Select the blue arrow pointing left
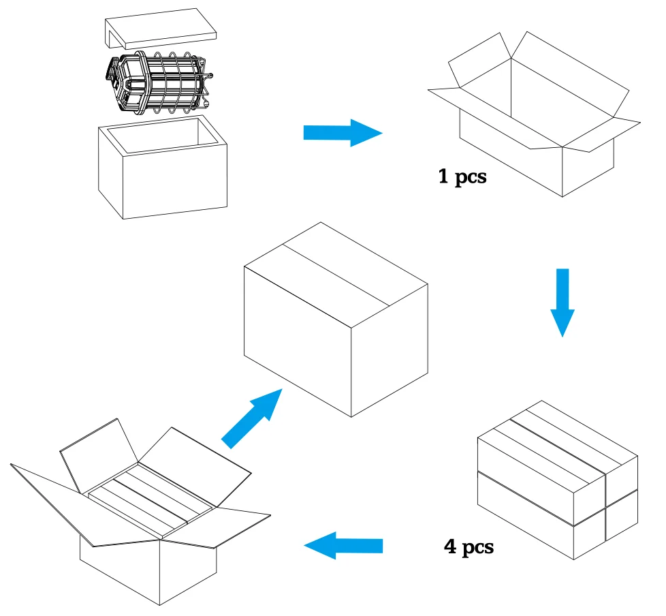[343, 545]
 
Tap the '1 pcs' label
[462, 179]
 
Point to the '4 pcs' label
[468, 547]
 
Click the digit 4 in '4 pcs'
[449, 547]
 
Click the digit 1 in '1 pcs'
[443, 179]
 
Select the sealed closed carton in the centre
[335, 317]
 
